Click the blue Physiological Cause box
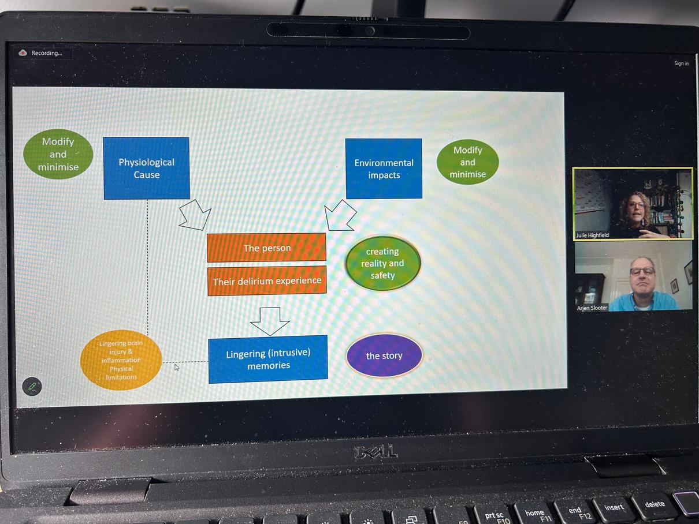pos(147,168)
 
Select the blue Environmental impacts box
pos(384,169)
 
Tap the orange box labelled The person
pos(266,248)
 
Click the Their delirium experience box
pos(266,281)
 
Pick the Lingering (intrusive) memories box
pos(268,359)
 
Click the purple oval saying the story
pos(384,355)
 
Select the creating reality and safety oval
pos(382,263)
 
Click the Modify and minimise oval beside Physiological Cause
pos(58,154)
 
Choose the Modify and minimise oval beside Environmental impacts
pos(467,162)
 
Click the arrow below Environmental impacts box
pos(340,216)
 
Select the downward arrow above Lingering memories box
pos(269,320)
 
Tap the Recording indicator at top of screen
pos(43,53)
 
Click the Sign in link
pos(681,63)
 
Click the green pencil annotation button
pos(32,386)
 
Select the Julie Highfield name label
pos(592,235)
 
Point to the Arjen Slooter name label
pos(592,308)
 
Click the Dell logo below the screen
pos(375,451)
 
